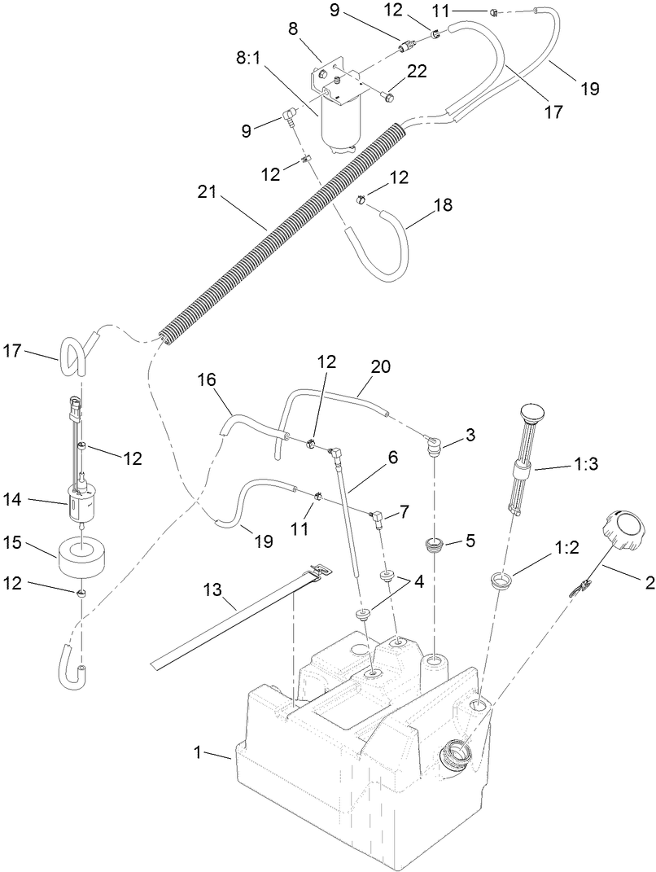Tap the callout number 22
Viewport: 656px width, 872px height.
pyautogui.click(x=417, y=72)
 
